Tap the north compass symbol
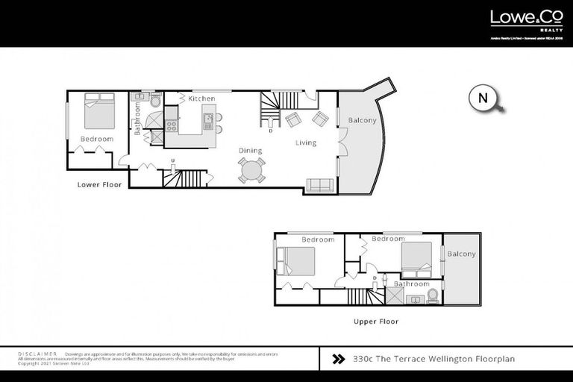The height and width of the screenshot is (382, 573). pos(483,98)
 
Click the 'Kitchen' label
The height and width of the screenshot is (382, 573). pos(201,98)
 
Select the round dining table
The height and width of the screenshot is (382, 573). pos(251,170)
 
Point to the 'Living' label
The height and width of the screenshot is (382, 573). pos(305,143)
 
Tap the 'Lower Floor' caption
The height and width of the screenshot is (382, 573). pos(98,183)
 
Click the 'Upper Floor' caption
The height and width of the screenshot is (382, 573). pos(375,322)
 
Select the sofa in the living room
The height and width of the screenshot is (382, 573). pos(320,186)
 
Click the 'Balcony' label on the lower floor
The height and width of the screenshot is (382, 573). pos(363,121)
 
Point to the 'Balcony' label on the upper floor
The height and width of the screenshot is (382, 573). pos(461,254)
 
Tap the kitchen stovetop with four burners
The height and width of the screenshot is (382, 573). pos(171,126)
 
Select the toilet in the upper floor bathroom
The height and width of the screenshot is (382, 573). pos(431,297)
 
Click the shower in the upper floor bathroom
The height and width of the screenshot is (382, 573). pos(392,296)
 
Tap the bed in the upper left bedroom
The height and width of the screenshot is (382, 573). pos(297,262)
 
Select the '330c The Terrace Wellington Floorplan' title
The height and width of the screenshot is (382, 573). pos(433,359)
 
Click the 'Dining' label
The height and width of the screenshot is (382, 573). pos(250,151)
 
